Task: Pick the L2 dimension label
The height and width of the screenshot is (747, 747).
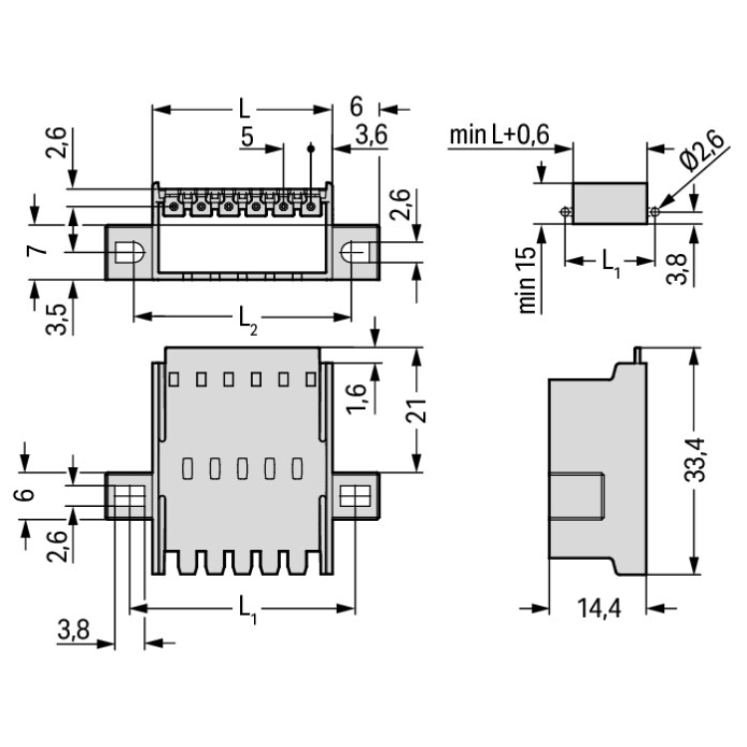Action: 246,320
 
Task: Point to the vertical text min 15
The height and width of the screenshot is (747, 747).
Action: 529,280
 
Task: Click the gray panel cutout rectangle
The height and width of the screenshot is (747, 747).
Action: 610,202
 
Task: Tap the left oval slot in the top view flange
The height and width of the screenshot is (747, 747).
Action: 126,252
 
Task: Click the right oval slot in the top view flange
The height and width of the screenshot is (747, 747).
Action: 355,252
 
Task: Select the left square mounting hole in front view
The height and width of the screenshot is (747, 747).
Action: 126,495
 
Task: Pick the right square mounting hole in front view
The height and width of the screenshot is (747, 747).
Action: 355,495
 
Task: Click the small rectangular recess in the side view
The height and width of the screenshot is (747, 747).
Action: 580,498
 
